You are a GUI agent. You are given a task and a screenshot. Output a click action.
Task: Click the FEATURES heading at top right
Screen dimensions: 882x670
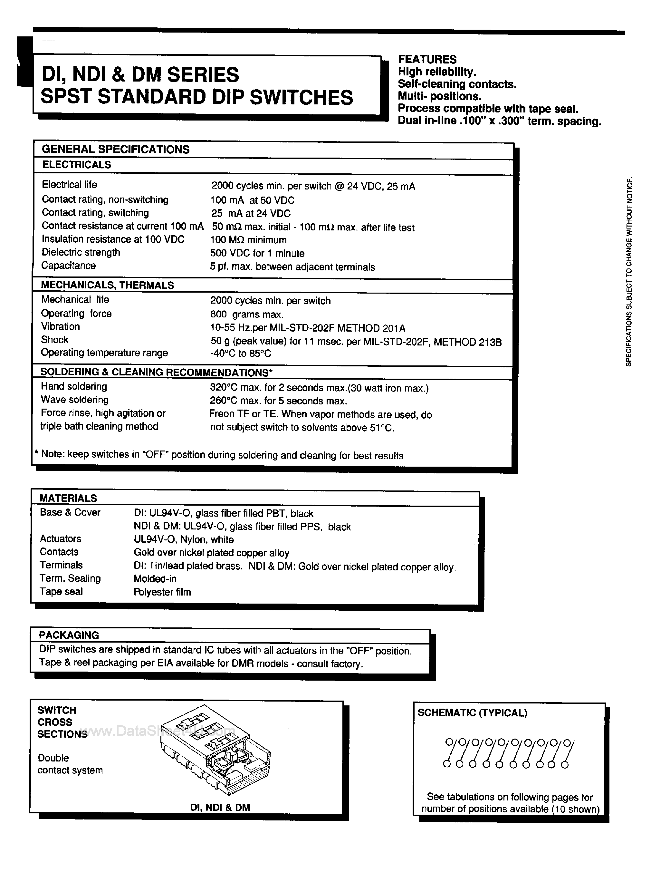pos(427,59)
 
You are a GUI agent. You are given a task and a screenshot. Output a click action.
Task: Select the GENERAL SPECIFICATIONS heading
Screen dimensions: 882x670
pos(115,149)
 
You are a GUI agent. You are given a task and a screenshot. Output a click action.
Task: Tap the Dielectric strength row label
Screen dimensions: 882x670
pos(81,253)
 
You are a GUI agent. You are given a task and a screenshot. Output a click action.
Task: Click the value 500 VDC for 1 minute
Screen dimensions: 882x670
pos(257,254)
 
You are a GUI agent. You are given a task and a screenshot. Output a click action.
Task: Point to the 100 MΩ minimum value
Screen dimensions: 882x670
pos(248,240)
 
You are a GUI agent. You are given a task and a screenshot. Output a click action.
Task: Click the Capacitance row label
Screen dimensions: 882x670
pos(69,266)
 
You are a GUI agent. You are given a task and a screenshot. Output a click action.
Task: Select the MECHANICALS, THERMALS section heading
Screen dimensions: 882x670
pos(107,285)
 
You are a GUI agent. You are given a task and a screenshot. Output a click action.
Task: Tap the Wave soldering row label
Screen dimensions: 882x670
pos(75,400)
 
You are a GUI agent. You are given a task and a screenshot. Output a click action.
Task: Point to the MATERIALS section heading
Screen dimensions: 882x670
pos(68,498)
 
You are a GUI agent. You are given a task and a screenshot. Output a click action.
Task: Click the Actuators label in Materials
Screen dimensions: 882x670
pos(60,539)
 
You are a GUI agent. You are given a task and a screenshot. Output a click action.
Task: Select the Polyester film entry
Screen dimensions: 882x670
pos(162,592)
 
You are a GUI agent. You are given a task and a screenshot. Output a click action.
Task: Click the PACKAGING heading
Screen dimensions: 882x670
pos(69,635)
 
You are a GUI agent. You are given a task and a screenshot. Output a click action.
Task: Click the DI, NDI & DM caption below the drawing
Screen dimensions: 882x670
pos(220,808)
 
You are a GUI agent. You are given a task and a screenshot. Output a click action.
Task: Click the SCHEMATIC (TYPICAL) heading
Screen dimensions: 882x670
pos(472,713)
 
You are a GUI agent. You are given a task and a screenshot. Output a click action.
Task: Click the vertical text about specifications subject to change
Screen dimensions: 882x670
pos(629,271)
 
